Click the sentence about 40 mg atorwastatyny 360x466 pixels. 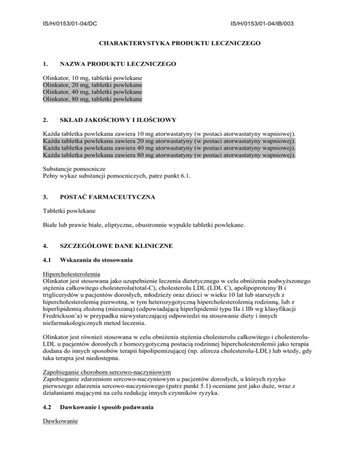[169, 147]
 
